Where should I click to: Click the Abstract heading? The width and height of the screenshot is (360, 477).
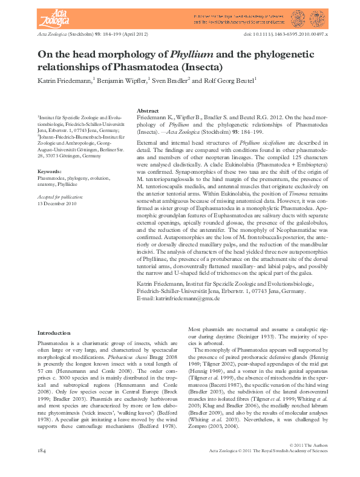pyautogui.click(x=148, y=111)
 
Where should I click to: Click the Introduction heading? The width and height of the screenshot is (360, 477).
pyautogui.click(x=53, y=333)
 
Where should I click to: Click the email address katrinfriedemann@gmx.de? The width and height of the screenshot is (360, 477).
pyautogui.click(x=178, y=299)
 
